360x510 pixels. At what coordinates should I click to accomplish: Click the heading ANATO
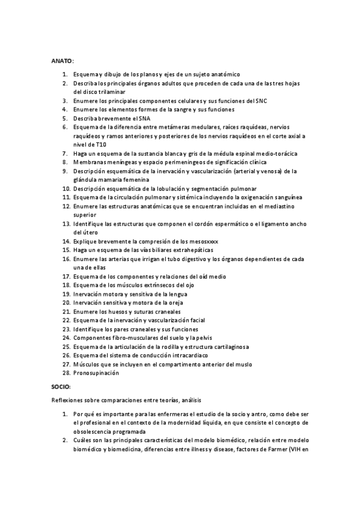(61, 61)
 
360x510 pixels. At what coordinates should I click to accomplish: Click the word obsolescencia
(94, 431)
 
